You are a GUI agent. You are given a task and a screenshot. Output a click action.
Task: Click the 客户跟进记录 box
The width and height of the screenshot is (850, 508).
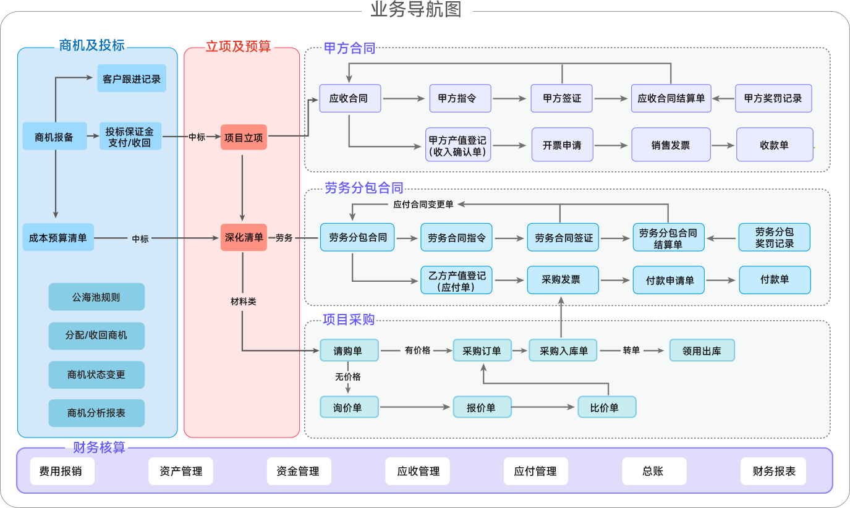[x=132, y=78]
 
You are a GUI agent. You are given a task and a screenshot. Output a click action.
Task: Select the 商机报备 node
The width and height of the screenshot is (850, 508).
[x=54, y=137]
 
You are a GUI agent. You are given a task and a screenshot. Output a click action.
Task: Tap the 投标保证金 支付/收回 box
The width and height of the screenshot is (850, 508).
[x=130, y=137]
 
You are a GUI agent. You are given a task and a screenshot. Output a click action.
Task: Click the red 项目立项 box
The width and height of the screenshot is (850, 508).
[x=244, y=137]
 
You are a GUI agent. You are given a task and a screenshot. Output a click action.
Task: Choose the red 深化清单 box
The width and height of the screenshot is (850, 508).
[x=244, y=237]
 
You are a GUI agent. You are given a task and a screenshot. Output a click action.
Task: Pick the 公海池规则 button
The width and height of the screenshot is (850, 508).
[x=96, y=297]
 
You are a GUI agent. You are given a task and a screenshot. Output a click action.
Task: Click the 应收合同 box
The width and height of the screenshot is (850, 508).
[x=349, y=98]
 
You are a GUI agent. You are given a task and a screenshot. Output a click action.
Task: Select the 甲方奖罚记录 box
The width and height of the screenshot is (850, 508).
[x=773, y=98]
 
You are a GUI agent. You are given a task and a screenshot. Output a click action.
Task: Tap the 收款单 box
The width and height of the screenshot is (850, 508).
[x=774, y=145]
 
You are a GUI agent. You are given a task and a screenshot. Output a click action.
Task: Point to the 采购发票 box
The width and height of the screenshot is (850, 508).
[x=563, y=279]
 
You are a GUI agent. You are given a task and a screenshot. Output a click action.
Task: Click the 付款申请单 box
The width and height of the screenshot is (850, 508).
[x=669, y=280]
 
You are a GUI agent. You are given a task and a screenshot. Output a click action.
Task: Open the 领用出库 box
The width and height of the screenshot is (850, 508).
[x=702, y=350]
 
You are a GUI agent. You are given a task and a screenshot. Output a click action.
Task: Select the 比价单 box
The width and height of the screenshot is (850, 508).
[x=606, y=407]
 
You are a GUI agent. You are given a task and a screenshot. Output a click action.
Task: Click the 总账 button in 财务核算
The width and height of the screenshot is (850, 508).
[x=653, y=471]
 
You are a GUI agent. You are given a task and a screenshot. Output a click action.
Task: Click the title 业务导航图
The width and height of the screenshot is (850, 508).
[x=416, y=10]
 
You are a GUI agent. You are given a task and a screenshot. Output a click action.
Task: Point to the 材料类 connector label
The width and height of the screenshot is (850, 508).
[x=243, y=302]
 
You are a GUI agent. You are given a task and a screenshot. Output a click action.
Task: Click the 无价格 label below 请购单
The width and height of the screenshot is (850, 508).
[x=347, y=376]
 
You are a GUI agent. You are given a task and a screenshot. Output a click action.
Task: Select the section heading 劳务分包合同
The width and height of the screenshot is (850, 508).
[x=364, y=188]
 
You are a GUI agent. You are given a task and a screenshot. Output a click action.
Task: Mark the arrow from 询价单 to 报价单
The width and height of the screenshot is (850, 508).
[x=415, y=407]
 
